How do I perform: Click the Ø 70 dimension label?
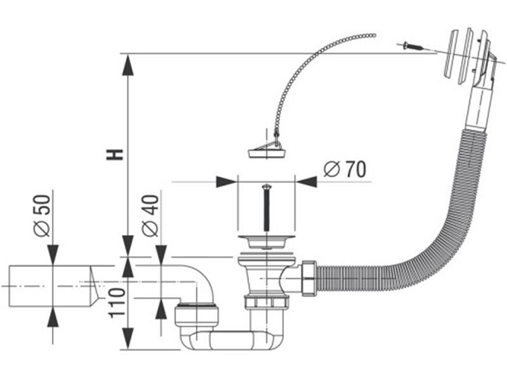pos(345,169)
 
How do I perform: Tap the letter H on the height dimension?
pos(115,154)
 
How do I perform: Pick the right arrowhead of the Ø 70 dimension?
pos(307,182)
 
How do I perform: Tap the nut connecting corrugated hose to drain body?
pos(309,277)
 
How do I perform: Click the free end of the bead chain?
pos(373,34)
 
